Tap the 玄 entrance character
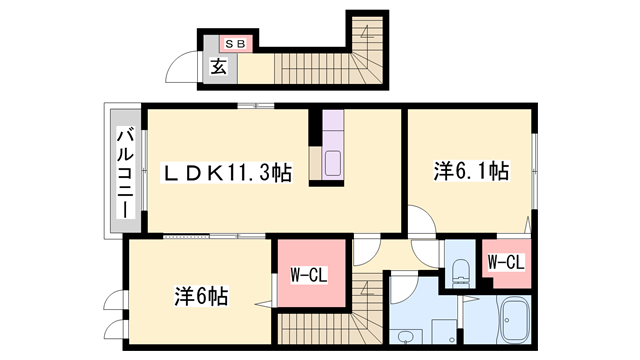tap(218, 67)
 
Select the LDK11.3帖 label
tap(228, 173)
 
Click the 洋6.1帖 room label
tap(470, 171)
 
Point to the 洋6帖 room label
tap(201, 296)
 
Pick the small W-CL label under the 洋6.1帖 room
tap(505, 263)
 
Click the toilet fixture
tap(460, 271)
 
